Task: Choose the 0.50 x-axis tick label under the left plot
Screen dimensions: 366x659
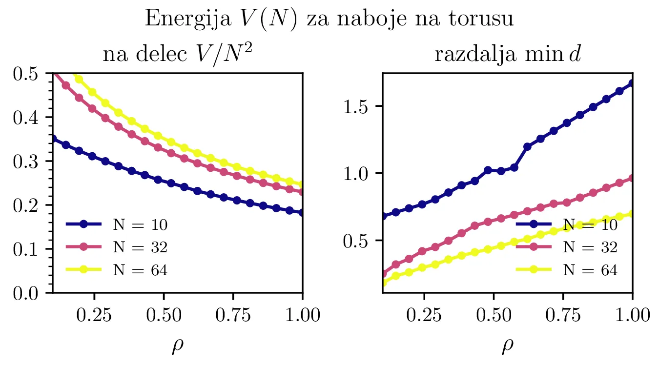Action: pyautogui.click(x=164, y=315)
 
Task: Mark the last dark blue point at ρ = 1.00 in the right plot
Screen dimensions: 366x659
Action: pyautogui.click(x=633, y=83)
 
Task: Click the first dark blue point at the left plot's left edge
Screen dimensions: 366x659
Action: pyautogui.click(x=53, y=139)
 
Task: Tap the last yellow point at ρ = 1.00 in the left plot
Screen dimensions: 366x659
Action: pyautogui.click(x=303, y=185)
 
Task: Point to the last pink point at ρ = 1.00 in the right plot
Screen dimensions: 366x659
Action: pyautogui.click(x=633, y=179)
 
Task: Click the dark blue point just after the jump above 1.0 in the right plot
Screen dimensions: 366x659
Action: pyautogui.click(x=527, y=146)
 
